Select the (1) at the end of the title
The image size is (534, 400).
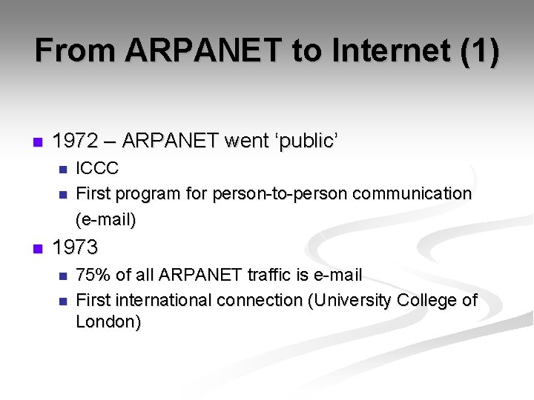click(479, 50)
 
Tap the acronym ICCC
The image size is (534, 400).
click(97, 168)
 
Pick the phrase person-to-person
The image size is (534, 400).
click(280, 194)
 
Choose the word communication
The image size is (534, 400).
click(412, 194)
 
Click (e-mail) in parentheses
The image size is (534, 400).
click(106, 219)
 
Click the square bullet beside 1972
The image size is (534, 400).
click(38, 141)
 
